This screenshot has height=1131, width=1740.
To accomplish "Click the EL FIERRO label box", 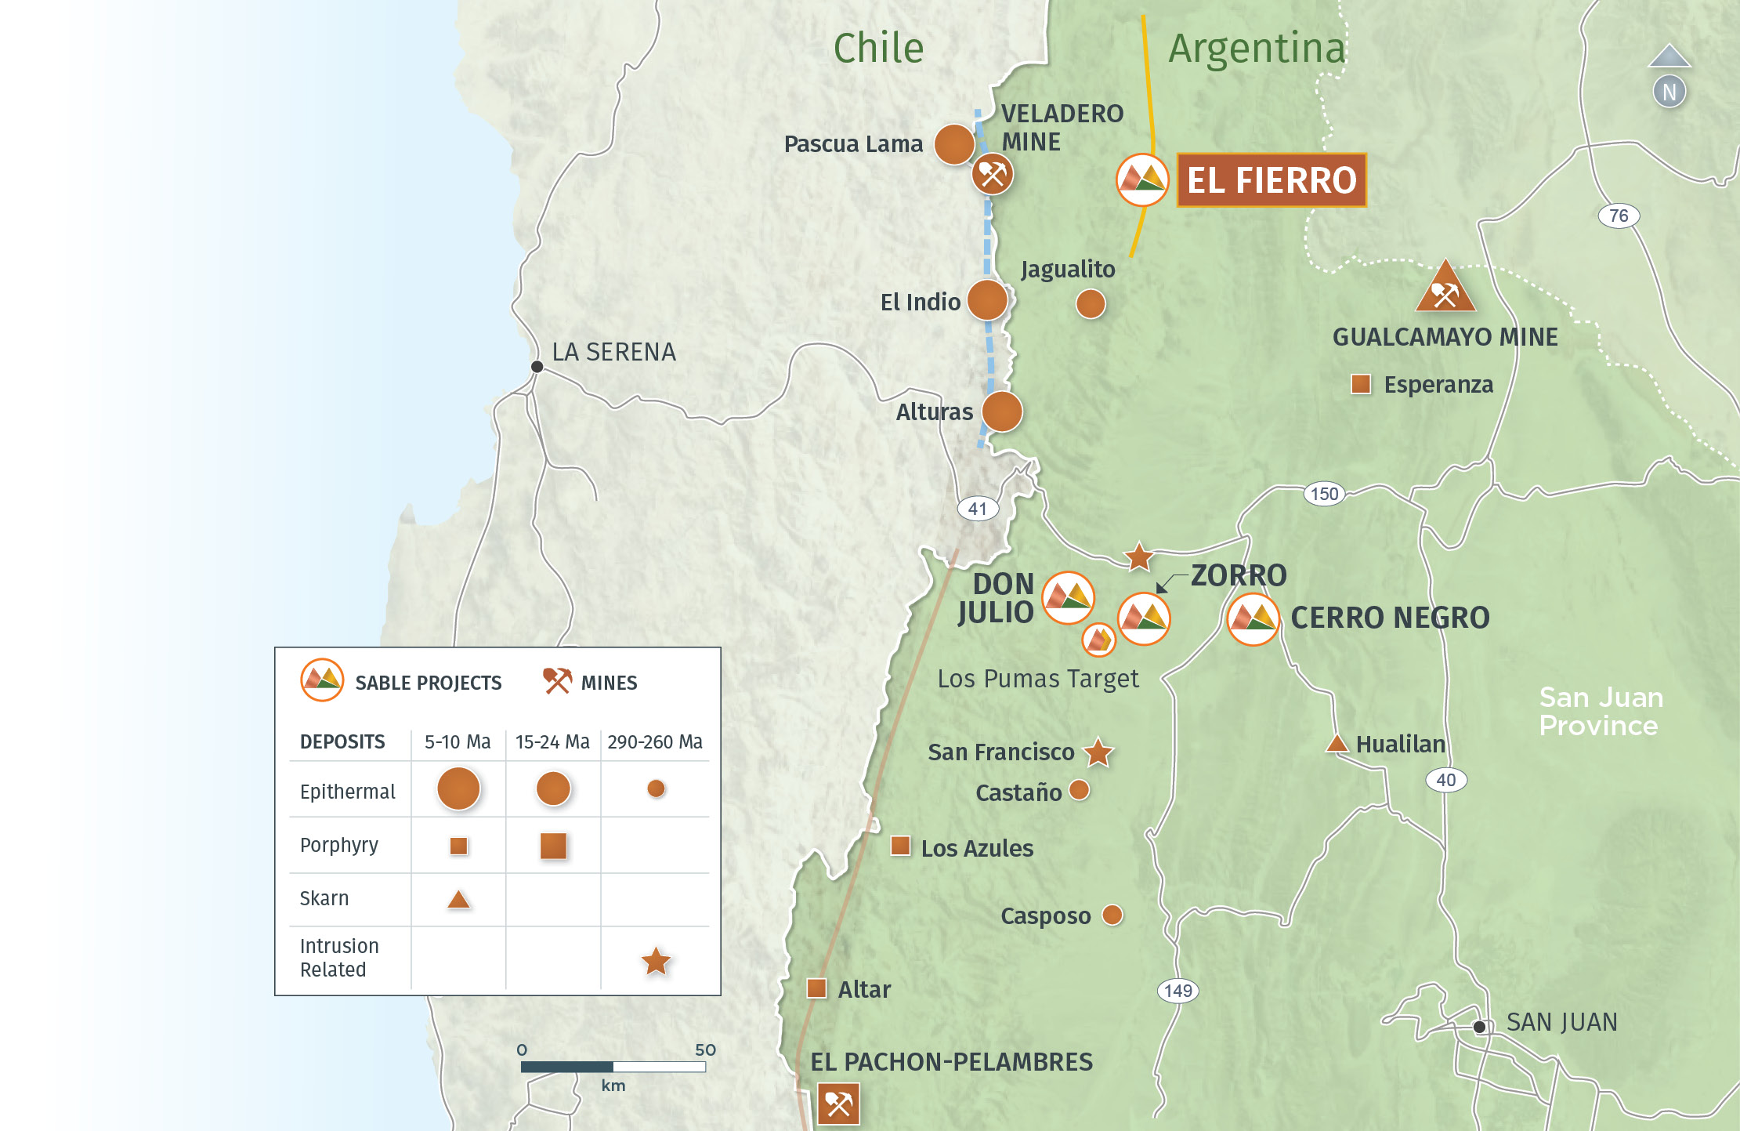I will coord(1271,180).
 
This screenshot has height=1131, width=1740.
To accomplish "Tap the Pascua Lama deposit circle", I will coord(953,144).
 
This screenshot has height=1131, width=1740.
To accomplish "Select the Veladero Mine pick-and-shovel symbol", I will coord(992,174).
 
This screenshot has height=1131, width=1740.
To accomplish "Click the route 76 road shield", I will coord(1618,216).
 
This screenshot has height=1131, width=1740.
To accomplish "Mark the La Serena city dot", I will coord(537,366).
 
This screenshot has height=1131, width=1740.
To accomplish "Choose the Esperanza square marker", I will coord(1361,384).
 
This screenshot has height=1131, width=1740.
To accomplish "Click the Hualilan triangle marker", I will coord(1337,743).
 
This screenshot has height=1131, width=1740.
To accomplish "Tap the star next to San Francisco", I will coord(1098,752).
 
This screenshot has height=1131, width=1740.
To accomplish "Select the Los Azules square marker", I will coord(901,846).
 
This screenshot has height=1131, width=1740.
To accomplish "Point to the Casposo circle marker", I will coord(1112,915).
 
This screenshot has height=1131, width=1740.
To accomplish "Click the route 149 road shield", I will coord(1177,991).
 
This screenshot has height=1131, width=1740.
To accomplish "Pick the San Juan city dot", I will coord(1479,1027).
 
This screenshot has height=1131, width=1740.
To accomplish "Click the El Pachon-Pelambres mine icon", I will coord(838,1104).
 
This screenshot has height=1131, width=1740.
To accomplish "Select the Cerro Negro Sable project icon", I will coord(1253,619).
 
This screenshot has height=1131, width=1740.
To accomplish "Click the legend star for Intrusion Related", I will coord(656,961).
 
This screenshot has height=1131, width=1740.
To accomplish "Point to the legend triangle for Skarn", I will coord(458,900).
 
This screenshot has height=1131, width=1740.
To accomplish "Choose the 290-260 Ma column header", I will coord(654,741).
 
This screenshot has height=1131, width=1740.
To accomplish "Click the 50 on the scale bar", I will coord(705,1050).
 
